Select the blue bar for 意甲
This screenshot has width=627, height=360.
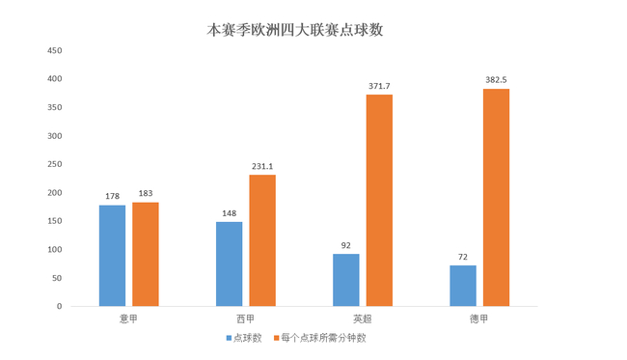(x=112, y=256)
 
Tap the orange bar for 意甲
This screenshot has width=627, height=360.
(x=146, y=254)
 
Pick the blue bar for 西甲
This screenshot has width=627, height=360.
(x=229, y=263)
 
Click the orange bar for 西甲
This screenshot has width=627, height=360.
(x=262, y=240)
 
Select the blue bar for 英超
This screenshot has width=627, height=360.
(x=346, y=280)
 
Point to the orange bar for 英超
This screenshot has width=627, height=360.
(x=379, y=200)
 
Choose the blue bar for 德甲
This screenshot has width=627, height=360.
(x=463, y=286)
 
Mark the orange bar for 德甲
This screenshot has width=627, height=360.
(x=496, y=197)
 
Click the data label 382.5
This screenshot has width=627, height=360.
(x=497, y=80)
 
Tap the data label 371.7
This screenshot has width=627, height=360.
(x=379, y=86)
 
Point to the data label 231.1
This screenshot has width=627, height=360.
(x=262, y=166)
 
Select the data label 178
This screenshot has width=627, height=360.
(x=112, y=196)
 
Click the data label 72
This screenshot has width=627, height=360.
(x=463, y=257)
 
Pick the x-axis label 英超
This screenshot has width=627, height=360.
(x=363, y=318)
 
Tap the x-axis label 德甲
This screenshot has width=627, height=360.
(x=479, y=318)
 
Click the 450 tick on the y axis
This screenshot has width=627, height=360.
(x=54, y=50)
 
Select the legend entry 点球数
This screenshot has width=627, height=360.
(x=250, y=338)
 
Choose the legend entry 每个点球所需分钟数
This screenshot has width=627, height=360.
(x=323, y=338)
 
